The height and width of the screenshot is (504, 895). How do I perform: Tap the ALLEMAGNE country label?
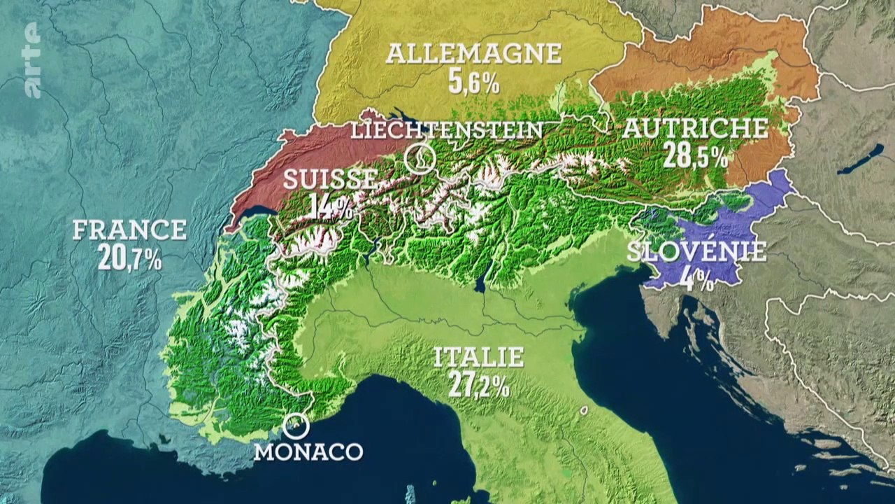tap(473, 53)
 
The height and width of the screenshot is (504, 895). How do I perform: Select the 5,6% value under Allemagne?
tap(474, 83)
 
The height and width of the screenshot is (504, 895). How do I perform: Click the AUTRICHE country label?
tap(695, 127)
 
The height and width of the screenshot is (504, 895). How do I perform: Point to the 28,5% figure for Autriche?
tap(695, 156)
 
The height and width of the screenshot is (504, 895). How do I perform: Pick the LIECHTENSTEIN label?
tap(447, 129)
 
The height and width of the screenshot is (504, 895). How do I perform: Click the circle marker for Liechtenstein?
tap(420, 159)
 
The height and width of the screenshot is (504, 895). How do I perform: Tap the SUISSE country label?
tap(330, 179)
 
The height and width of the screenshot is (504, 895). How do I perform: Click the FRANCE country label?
tap(129, 230)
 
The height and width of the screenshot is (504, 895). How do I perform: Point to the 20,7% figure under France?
tap(130, 258)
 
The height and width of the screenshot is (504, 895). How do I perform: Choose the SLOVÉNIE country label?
tap(696, 251)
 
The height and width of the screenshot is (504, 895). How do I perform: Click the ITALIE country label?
tap(479, 357)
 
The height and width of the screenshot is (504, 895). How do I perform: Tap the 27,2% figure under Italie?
tap(479, 386)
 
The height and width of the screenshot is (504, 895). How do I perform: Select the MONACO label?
tap(308, 451)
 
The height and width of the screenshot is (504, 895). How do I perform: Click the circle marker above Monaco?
tap(296, 424)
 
